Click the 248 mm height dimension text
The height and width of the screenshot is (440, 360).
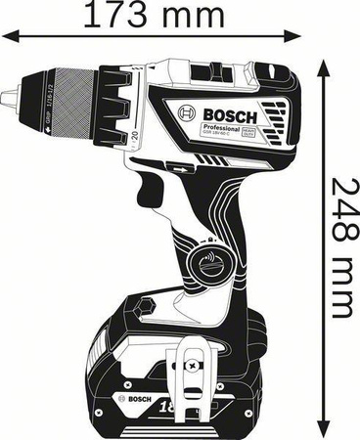(339, 247)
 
